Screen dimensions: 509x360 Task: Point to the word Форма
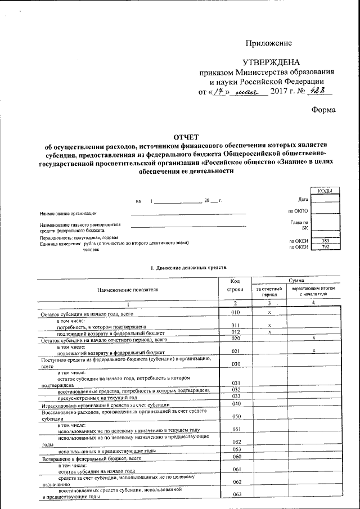pyautogui.click(x=323, y=110)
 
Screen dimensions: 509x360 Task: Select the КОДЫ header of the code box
pyautogui.click(x=324, y=191)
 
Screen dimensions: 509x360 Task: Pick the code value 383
pyautogui.click(x=325, y=241)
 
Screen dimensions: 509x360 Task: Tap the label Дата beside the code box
pyautogui.click(x=303, y=200)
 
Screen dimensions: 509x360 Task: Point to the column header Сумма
pyautogui.click(x=297, y=280)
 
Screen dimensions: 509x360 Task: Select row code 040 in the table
pyautogui.click(x=236, y=404)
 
